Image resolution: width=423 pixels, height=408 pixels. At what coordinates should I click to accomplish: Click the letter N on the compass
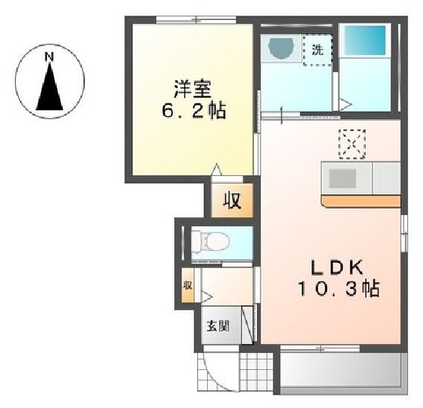49,56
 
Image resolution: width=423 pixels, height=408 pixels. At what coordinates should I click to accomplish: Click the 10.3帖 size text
337,288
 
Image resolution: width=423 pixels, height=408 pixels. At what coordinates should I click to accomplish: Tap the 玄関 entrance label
218,325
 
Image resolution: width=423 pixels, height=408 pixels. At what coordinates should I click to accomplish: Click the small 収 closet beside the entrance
188,286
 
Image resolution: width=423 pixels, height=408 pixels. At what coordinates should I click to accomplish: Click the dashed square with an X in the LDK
352,144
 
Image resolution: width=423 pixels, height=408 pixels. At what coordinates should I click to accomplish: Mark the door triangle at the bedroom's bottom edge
217,170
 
